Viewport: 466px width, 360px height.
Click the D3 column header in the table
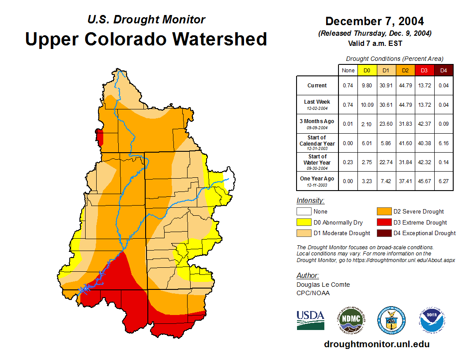[425, 70]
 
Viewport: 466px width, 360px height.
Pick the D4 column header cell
[443, 70]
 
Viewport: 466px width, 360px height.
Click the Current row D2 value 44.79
[405, 86]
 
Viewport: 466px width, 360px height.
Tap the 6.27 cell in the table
[443, 181]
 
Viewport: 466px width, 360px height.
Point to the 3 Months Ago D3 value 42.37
[425, 124]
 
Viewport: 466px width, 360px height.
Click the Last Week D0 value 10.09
[367, 105]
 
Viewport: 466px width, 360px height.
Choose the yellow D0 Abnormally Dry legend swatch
[303, 222]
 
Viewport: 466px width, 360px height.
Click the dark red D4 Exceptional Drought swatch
[383, 233]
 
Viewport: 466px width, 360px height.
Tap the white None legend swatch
[303, 212]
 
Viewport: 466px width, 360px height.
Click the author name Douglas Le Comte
[323, 285]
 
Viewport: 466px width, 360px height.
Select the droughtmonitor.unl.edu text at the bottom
[376, 344]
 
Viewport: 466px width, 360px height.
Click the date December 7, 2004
[375, 21]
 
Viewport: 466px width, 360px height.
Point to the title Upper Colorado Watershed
[146, 39]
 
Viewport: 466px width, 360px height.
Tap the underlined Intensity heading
[310, 201]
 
